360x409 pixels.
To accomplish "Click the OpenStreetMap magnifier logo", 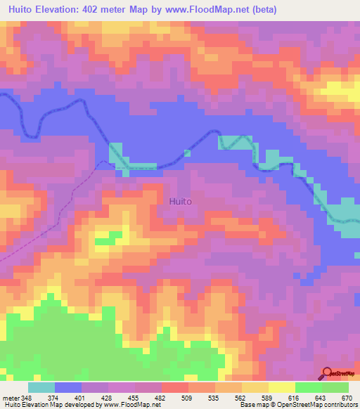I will point(328,374).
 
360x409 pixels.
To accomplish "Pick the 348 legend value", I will point(27,398).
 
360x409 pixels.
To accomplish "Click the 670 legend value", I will point(346,398).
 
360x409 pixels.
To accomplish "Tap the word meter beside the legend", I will point(10,398).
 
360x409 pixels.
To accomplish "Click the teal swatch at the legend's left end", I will point(41,387).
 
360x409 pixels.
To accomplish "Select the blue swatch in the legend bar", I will point(67,387).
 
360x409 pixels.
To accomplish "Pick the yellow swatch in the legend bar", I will point(281,387).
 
